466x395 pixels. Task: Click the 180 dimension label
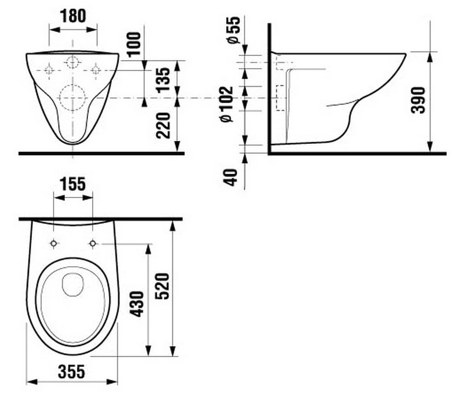(x=73, y=16)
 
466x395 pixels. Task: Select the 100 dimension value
(x=134, y=44)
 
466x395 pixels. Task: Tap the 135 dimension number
(x=163, y=80)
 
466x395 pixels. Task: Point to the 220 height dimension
(x=163, y=125)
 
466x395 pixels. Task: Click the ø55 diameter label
(x=234, y=30)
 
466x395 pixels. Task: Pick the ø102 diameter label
(x=227, y=104)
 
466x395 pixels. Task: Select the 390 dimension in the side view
(x=418, y=100)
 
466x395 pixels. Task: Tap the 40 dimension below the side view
(x=231, y=177)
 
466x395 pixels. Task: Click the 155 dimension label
(x=73, y=184)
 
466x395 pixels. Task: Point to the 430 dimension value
(x=137, y=304)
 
